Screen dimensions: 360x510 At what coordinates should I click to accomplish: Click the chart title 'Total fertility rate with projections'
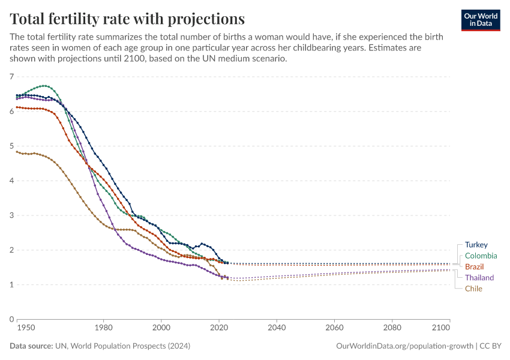[127, 17]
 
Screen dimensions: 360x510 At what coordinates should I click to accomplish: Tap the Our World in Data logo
[480, 20]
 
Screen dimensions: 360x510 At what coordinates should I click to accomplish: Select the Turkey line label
[476, 245]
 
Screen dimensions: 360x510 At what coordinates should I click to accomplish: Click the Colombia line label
[481, 256]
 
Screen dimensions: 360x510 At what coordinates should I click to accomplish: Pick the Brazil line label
[474, 266]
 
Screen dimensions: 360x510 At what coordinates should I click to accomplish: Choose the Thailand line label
[479, 278]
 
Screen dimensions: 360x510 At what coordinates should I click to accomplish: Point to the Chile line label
[473, 289]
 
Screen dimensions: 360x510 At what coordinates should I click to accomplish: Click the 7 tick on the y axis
[11, 77]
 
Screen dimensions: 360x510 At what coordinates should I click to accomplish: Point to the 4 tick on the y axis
[11, 181]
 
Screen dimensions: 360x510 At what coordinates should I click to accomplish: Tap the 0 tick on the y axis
[11, 319]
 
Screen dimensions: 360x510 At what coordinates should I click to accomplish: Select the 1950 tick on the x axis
[25, 329]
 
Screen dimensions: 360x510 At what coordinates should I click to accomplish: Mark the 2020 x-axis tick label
[219, 329]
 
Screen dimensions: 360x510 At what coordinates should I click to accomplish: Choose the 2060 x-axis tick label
[334, 329]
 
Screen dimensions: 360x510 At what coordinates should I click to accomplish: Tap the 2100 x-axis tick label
[441, 329]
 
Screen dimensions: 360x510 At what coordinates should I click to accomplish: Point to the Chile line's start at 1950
[17, 152]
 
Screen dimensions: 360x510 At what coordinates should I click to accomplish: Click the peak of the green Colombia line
[44, 86]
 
